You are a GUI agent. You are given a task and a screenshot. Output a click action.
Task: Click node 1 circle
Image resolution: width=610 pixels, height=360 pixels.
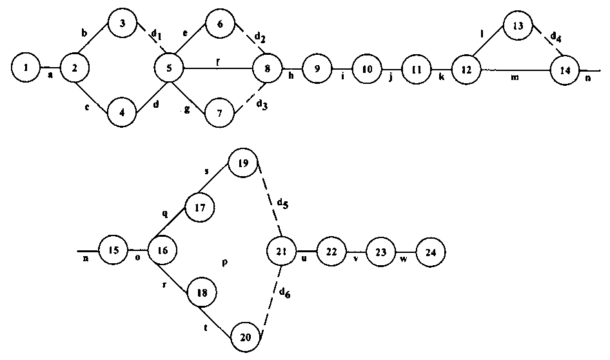click(x=25, y=66)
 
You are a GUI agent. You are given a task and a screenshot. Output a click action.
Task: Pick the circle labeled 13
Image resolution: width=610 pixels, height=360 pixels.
click(x=517, y=25)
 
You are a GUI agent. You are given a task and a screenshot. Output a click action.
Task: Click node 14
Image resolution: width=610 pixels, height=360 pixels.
click(x=565, y=70)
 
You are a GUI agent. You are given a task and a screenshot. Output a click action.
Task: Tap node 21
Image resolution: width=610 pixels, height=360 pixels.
click(x=282, y=250)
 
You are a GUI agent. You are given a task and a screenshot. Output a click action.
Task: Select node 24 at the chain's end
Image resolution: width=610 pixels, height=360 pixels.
click(x=430, y=251)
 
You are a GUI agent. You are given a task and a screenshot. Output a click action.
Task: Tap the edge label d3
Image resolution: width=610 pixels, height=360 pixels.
click(x=262, y=106)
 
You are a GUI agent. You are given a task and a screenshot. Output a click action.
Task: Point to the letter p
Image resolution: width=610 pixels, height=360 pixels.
click(x=224, y=263)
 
